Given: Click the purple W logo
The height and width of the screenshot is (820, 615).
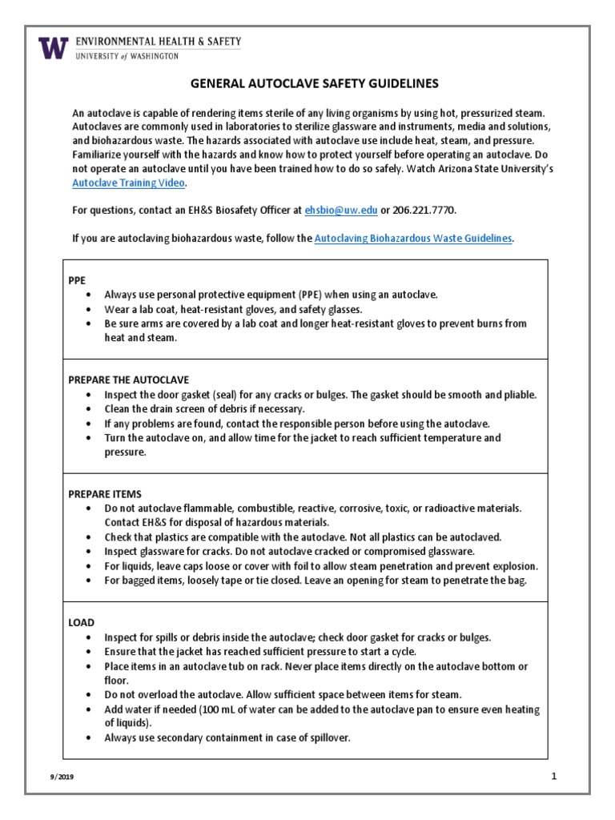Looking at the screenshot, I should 54,47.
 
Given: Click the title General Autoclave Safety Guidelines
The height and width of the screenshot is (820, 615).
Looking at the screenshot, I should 314,83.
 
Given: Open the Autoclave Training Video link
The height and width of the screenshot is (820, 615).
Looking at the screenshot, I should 129,183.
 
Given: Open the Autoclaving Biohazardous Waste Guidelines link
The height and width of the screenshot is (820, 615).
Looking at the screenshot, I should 413,239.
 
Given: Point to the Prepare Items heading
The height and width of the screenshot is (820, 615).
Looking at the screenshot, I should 107,493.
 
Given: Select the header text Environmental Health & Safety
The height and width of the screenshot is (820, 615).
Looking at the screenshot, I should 157,42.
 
